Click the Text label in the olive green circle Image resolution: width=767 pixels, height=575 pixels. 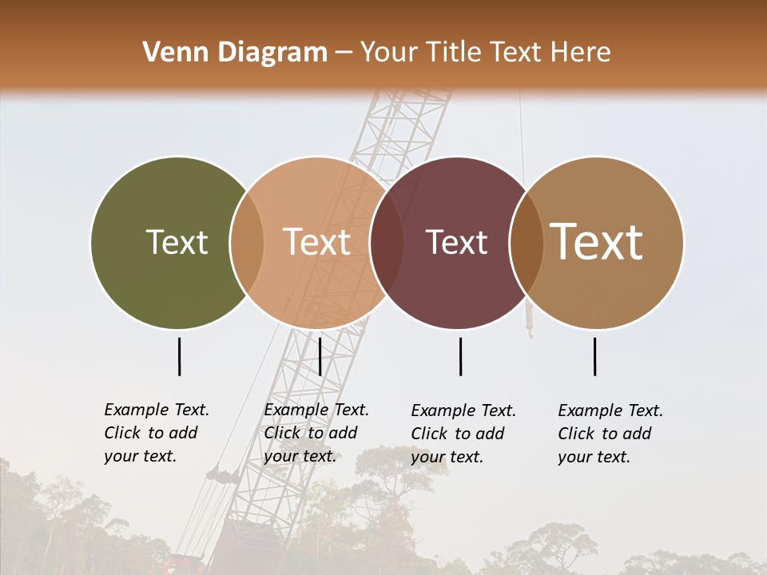point(177,242)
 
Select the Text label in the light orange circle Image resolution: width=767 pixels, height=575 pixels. point(317,242)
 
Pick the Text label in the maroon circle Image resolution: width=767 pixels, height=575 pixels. point(456,242)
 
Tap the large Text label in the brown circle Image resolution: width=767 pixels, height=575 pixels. point(597,242)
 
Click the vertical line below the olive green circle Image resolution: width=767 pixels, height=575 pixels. point(179,356)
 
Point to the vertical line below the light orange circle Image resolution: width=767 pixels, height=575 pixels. point(320,356)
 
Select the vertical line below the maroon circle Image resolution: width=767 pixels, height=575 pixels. point(460,356)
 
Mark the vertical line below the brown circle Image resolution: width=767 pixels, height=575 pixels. point(594,356)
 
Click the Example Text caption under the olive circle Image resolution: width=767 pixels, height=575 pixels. point(157,433)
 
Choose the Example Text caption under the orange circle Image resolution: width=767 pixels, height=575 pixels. point(316,433)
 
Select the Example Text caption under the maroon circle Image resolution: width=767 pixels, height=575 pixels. point(463,434)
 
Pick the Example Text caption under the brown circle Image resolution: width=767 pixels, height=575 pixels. point(610,434)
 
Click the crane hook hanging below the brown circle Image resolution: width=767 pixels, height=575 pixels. point(529,329)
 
